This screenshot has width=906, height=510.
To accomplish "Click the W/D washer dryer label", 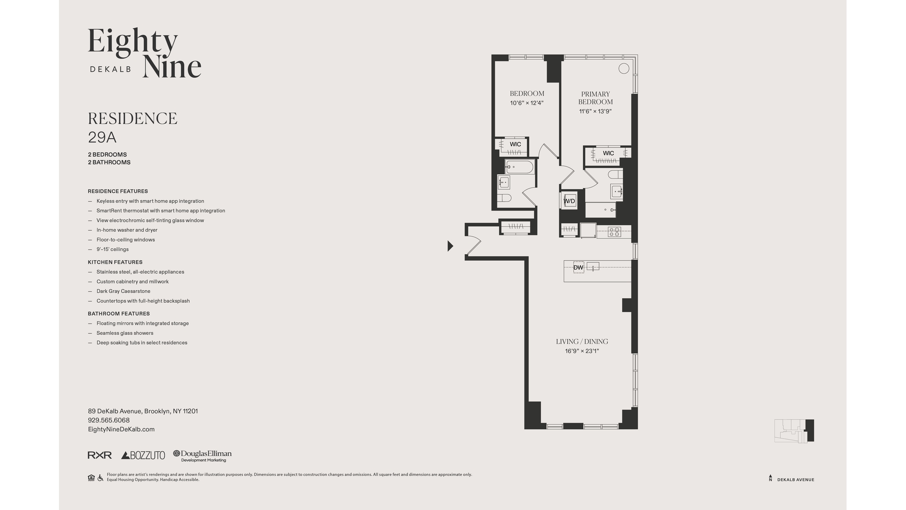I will (569, 201).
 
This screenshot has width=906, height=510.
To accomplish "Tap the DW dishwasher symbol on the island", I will (578, 267).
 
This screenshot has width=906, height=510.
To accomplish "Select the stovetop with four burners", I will (614, 231).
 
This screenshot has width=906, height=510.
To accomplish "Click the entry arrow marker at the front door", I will (450, 246).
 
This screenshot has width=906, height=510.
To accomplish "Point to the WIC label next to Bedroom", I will (515, 144).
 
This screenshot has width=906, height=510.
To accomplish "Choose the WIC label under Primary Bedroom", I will (608, 153).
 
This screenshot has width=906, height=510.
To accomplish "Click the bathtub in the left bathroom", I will (520, 167).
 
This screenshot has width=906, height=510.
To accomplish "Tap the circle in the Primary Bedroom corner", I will (623, 68).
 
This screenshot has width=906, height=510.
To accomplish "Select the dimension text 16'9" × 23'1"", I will (582, 351).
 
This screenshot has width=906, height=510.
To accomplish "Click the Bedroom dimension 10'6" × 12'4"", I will (527, 103).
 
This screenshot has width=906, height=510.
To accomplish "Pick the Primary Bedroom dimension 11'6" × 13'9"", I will (595, 111).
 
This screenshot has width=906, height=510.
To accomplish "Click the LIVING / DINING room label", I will (582, 341).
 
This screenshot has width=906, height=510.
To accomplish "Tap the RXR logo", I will (100, 455).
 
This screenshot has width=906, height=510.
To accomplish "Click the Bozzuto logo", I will (143, 455).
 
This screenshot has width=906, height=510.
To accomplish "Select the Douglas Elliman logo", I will (202, 455).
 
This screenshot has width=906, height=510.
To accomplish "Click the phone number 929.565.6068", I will (109, 420).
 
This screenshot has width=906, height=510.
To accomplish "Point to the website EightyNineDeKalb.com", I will (121, 429).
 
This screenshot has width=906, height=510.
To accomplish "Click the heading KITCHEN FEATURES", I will (115, 262).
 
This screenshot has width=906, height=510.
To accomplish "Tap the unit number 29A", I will (102, 137).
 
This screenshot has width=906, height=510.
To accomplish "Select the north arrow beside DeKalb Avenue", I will (770, 478).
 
